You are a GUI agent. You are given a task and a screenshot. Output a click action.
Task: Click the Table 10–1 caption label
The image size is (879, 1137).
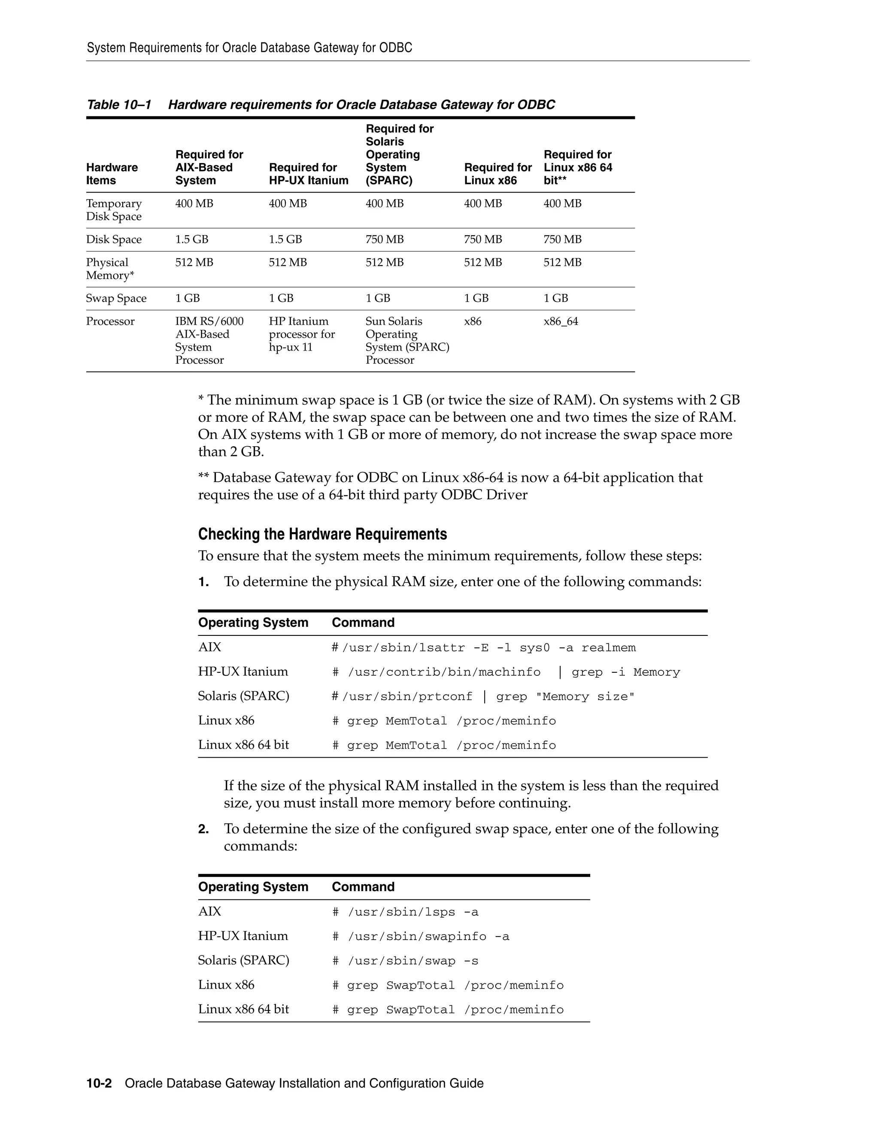pos(119,105)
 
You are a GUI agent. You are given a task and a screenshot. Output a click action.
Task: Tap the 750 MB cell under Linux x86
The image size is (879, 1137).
pos(483,239)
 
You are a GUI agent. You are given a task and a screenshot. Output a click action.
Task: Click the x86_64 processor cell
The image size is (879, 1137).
pos(561,321)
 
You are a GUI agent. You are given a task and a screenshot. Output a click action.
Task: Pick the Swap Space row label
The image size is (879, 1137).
pos(116,298)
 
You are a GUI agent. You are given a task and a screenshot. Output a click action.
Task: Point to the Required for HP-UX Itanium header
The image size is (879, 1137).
pos(308,174)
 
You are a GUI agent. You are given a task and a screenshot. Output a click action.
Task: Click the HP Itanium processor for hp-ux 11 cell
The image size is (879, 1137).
pos(301,334)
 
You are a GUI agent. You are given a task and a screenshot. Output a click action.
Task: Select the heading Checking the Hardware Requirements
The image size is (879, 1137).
pos(322,534)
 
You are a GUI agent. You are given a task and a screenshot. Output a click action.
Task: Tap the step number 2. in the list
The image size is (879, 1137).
pos(203,829)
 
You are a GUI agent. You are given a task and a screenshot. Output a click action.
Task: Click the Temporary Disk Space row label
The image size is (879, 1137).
pos(113,210)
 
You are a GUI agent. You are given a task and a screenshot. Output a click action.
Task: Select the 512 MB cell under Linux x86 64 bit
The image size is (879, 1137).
pos(562,263)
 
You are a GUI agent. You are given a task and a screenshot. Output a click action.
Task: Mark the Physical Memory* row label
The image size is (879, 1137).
pos(110,269)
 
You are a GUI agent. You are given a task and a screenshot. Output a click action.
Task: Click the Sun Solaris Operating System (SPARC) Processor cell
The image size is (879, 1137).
pos(407,341)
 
